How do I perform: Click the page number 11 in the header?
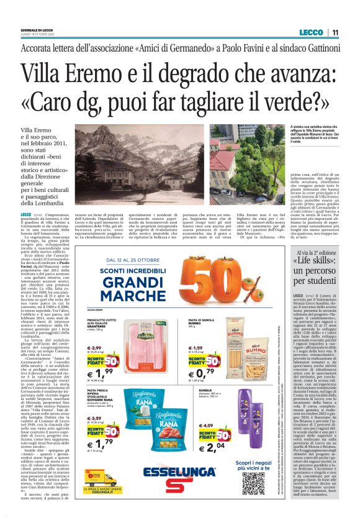(x=335, y=33)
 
